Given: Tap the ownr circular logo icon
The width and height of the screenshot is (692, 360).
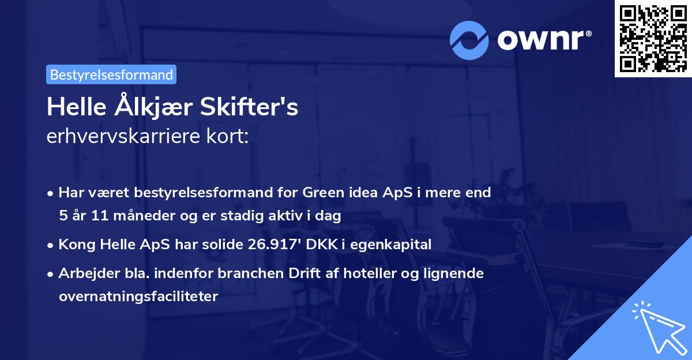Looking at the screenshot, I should tap(469, 40).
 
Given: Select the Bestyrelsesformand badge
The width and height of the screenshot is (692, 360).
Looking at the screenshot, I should tap(111, 74).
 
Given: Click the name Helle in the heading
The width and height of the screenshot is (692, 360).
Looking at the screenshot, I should tap(74, 108).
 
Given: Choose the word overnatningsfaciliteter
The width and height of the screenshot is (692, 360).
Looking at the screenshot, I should tap(138, 297).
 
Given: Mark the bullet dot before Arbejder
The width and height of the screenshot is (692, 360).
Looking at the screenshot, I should tap(51, 273).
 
